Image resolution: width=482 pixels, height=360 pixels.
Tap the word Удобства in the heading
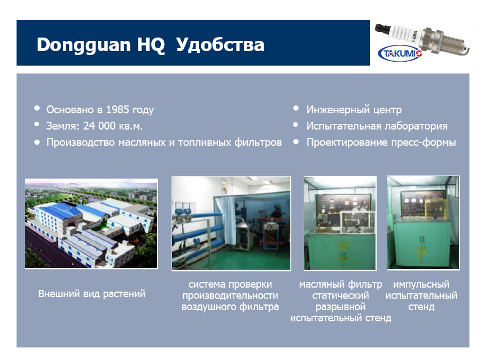(220, 45)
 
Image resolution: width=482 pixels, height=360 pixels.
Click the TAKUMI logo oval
(400, 54)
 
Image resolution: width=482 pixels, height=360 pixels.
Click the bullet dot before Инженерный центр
(296, 108)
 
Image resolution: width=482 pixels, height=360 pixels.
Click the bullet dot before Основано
(37, 108)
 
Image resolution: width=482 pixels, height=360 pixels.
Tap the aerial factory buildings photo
(91, 224)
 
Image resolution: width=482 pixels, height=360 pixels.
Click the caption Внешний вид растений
(91, 294)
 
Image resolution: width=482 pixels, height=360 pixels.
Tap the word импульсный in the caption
(421, 284)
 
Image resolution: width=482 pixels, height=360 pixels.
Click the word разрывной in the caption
(341, 307)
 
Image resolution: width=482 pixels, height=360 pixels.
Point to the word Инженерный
(338, 110)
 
